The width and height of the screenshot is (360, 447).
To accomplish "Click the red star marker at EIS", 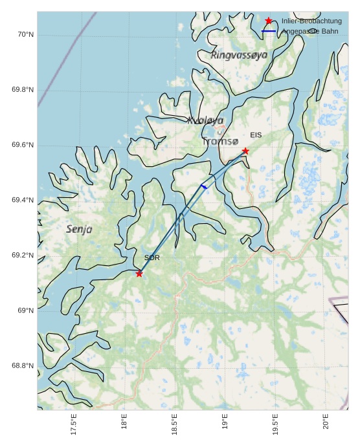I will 245,151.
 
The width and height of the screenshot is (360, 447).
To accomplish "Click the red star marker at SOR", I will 139,274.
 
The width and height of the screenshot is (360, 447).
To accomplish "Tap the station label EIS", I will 256,135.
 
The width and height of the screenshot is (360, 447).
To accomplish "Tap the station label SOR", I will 152,258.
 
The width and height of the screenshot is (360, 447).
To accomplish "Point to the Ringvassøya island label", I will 239,56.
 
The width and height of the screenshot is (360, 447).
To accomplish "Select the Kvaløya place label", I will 205,120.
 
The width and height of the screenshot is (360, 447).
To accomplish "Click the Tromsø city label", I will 220,141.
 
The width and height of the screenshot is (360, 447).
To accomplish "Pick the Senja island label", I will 79,229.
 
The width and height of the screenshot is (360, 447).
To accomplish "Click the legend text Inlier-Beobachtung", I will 311,21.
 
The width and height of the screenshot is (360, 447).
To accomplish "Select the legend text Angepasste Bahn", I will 310,31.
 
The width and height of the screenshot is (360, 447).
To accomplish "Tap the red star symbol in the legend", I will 269,21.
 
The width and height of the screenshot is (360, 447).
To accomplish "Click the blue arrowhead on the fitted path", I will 203,186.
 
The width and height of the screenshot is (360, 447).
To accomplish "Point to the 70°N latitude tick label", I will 25,34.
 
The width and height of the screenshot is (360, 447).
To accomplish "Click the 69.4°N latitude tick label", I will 23,201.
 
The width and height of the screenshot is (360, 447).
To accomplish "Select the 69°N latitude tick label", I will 25,311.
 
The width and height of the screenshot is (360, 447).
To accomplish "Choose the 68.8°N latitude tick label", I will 23,366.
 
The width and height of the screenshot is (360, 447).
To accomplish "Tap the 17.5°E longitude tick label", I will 74,424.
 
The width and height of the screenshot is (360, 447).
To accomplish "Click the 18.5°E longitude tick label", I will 175,424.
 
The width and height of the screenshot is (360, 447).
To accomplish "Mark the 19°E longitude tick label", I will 225,422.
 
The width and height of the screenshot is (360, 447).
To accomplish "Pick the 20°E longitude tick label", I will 326,422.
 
